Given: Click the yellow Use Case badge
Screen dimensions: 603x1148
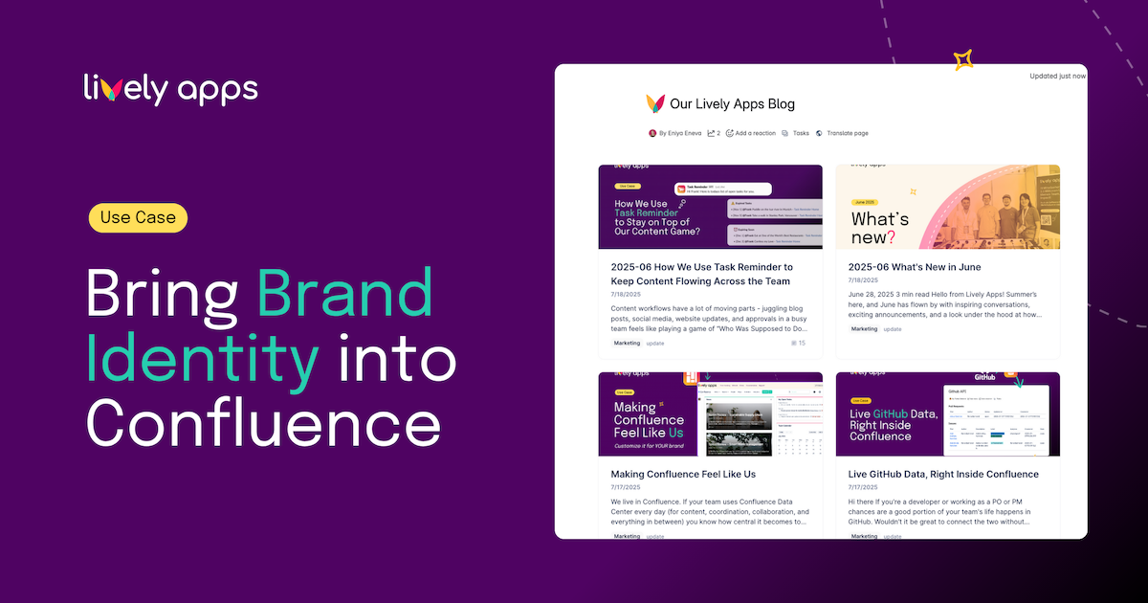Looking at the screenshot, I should point(138,218).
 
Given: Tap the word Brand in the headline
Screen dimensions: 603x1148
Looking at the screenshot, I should point(345,295).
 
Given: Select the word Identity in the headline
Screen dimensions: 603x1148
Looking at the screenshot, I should point(202,358).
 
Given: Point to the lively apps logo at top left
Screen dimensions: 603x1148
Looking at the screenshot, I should point(170,89).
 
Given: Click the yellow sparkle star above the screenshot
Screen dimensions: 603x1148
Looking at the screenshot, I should point(963,60).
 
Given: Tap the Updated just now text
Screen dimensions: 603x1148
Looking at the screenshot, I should point(1057,76).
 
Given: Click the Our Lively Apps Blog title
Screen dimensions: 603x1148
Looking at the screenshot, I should point(732,103).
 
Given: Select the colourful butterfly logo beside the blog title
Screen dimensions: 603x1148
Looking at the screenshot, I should point(655,103).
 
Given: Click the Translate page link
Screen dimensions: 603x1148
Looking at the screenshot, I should point(847,133).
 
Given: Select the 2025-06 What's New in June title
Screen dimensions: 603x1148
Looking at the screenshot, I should point(914,267).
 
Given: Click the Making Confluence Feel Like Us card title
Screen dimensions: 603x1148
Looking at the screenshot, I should point(683,474).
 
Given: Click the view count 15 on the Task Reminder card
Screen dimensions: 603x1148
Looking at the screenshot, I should point(801,343).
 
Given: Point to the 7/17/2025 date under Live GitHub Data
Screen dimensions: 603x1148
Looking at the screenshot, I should point(864,487).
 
